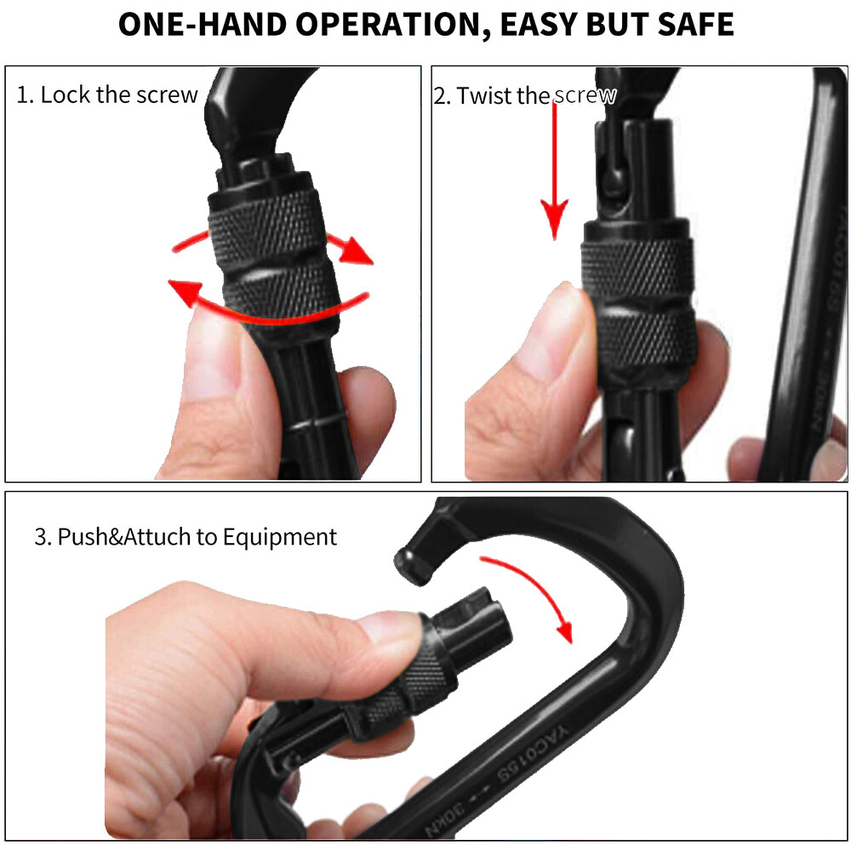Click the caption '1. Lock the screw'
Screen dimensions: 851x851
pos(107,94)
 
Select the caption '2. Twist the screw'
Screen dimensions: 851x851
pos(524,96)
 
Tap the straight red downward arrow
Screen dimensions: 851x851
pos(555,170)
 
